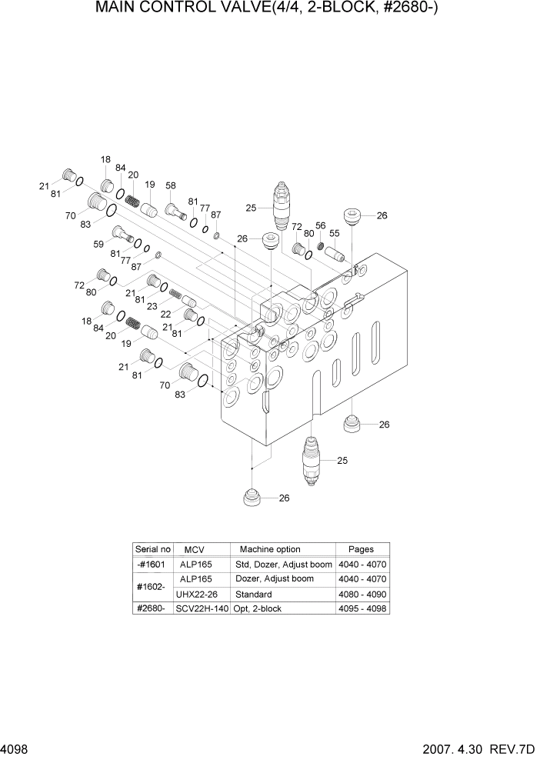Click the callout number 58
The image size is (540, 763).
click(x=170, y=185)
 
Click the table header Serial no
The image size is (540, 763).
click(x=152, y=549)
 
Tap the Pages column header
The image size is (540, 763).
click(x=361, y=549)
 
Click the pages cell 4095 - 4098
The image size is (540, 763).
click(x=362, y=608)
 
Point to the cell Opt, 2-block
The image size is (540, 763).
click(x=258, y=608)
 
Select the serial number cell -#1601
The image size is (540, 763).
click(x=152, y=564)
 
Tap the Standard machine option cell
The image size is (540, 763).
click(x=253, y=595)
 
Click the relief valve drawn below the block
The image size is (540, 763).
click(x=311, y=461)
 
